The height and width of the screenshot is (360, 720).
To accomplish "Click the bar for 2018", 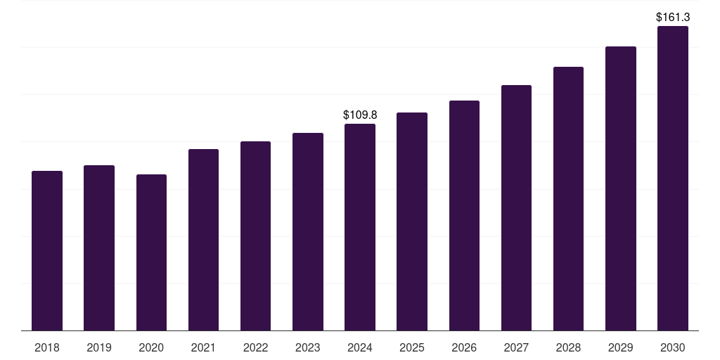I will [47, 251].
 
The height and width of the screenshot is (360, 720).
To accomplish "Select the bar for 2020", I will [151, 252].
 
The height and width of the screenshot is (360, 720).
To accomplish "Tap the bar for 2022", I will [255, 236].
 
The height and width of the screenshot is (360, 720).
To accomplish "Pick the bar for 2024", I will [360, 227].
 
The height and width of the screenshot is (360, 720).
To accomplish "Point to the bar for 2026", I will [464, 216].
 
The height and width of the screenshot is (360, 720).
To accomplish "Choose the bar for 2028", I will [568, 199].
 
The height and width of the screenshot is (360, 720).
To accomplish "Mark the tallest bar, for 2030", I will [672, 179].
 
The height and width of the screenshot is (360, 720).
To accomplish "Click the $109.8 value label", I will [360, 114].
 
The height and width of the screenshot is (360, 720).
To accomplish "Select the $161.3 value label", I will [673, 16].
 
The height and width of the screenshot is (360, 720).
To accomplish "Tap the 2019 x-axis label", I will [99, 347].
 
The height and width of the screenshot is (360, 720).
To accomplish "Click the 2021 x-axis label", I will [203, 347].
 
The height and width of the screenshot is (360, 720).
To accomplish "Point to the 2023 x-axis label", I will [307, 347].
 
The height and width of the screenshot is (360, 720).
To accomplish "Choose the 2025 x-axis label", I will [412, 347].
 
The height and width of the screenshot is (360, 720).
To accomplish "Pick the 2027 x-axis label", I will [516, 347].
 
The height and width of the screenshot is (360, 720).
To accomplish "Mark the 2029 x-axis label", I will [620, 347].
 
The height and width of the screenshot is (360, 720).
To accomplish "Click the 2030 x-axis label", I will [672, 347].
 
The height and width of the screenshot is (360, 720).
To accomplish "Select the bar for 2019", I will [99, 248].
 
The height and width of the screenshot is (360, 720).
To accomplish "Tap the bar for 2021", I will [203, 240].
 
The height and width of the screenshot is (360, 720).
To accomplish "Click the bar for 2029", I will [620, 188].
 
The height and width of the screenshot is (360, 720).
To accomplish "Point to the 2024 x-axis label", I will [360, 347].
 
